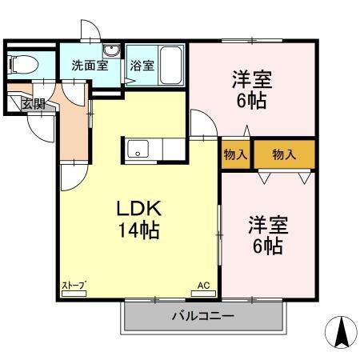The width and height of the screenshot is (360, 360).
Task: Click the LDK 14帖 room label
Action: [x=140, y=219]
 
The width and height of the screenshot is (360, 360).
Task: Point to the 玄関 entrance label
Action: [x=33, y=103]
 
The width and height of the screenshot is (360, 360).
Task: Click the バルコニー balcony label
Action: [x=203, y=316]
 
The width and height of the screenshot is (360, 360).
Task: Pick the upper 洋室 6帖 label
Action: [x=252, y=90]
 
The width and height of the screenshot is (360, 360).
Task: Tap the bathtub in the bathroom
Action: [x=171, y=64]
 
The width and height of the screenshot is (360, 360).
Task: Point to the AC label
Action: [x=203, y=284]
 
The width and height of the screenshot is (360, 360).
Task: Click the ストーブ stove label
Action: [x=74, y=285]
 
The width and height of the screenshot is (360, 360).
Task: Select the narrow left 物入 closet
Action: [x=236, y=154]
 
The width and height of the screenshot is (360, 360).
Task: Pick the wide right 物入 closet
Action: [x=284, y=154]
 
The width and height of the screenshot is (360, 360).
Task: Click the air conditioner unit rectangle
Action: [x=203, y=293]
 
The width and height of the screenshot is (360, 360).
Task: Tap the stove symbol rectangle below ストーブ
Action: [x=74, y=294]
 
